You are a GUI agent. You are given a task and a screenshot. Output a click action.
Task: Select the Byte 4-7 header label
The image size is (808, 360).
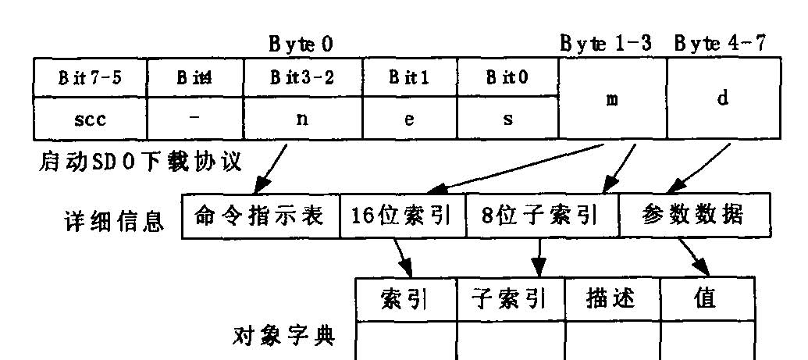tap(719, 45)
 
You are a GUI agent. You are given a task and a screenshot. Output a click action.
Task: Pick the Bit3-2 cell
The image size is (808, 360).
tap(302, 78)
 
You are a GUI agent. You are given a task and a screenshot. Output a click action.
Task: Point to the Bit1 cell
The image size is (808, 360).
tap(409, 78)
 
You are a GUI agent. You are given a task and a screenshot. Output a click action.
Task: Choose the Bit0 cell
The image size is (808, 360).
tap(507, 78)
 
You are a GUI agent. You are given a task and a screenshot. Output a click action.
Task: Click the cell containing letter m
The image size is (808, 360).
tap(612, 99)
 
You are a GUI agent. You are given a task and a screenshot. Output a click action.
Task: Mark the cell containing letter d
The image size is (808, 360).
tap(723, 99)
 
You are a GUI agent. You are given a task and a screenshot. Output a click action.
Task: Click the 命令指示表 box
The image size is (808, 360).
tap(261, 215)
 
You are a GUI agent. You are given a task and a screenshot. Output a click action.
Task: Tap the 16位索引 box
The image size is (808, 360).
tap(402, 215)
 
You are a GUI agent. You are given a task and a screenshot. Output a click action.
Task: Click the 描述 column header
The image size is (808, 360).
tap(611, 299)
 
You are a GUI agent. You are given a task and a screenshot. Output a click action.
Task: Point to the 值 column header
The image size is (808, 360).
tap(706, 299)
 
